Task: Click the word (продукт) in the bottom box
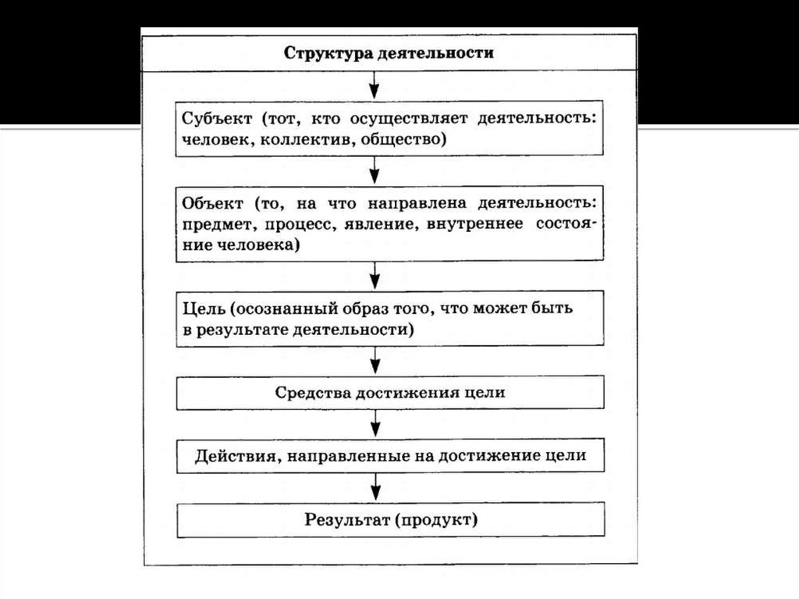438,519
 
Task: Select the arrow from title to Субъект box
375,83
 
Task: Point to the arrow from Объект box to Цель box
375,274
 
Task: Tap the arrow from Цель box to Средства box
375,360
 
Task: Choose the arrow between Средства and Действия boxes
375,424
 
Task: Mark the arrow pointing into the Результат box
375,487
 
